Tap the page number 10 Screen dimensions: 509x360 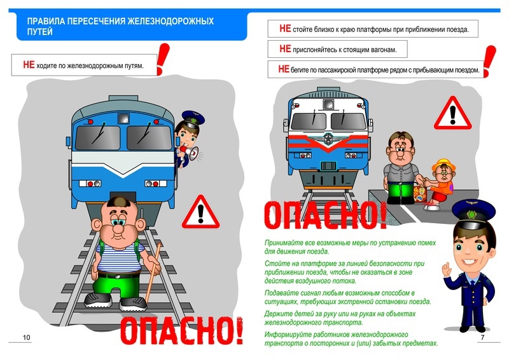tap(26, 337)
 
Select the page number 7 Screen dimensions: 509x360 tap(482, 337)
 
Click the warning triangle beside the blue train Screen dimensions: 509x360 tap(200, 212)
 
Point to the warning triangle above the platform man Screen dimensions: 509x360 tap(453, 113)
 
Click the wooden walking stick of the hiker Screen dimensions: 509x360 tap(153, 272)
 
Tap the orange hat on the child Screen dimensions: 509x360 tap(443, 164)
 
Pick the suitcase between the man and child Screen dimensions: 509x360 tap(420, 194)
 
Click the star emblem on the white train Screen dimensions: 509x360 tap(328, 139)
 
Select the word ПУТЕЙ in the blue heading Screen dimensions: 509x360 tap(39, 32)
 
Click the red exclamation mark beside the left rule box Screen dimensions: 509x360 tap(163, 59)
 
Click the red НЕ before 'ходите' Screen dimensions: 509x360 tap(29, 65)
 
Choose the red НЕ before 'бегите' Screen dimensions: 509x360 tap(284, 69)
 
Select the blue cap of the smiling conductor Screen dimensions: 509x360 tap(474, 212)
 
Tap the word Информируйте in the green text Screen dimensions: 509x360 tap(284, 335)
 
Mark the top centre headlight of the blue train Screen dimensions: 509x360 tap(123, 118)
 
